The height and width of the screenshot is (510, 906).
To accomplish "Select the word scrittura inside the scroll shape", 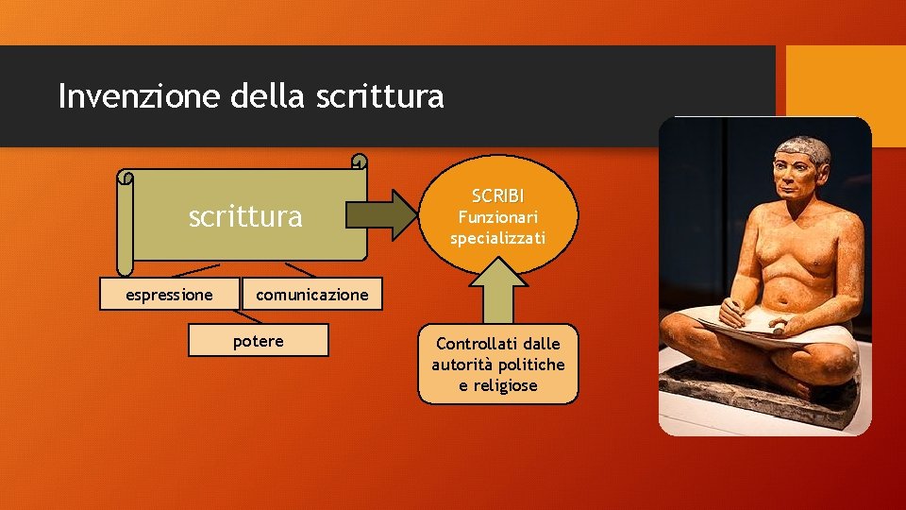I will click(245, 217).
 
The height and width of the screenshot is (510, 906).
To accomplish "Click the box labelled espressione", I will click(170, 295).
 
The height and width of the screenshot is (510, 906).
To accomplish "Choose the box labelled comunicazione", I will click(311, 295).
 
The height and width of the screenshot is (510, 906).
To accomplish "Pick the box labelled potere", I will click(258, 341).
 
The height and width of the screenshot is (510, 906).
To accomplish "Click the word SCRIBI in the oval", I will click(497, 196).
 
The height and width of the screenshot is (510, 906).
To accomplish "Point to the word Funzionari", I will click(497, 217).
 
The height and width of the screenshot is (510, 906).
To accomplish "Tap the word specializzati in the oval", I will click(497, 238).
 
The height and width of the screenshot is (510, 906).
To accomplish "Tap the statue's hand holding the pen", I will click(731, 310).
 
